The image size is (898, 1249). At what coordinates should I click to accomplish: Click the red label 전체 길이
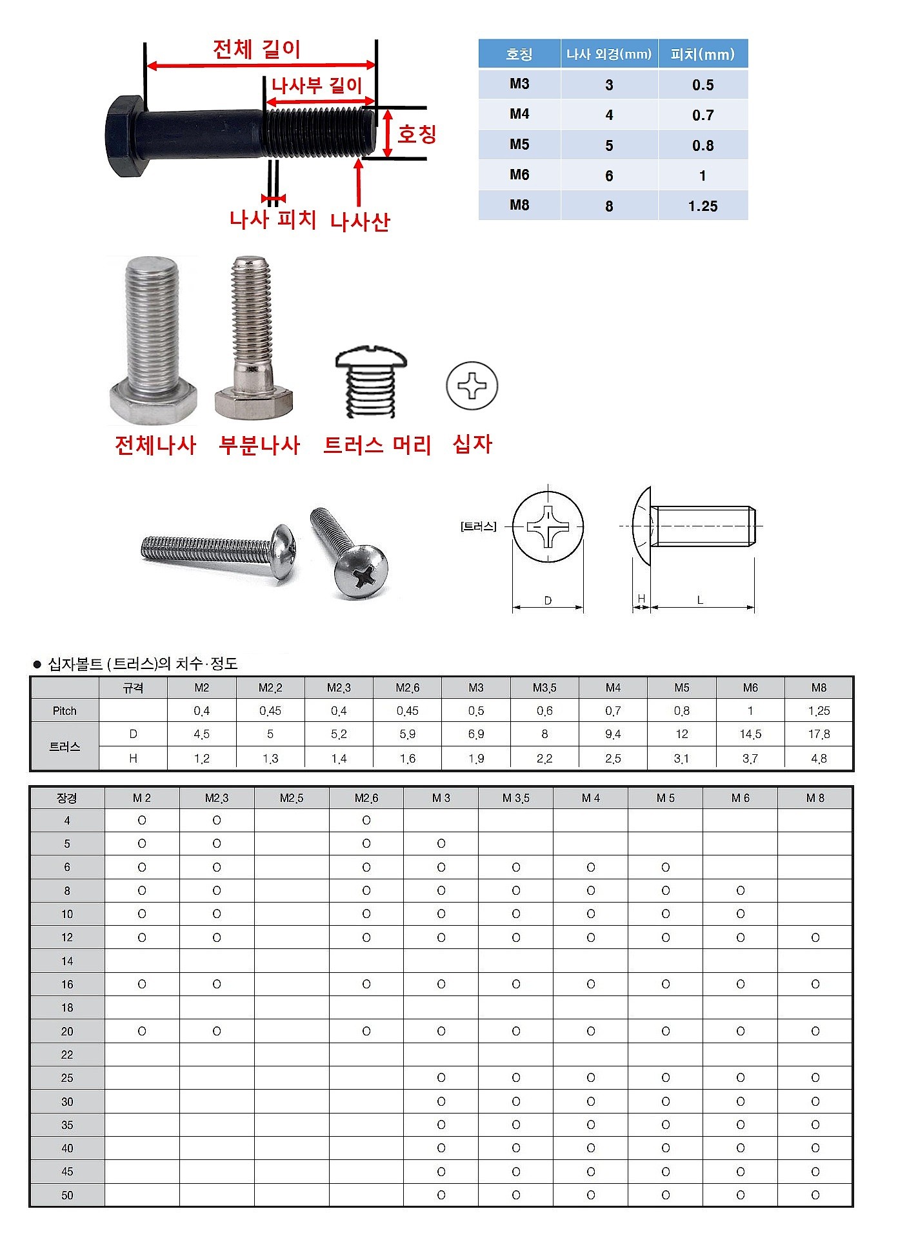click(x=257, y=49)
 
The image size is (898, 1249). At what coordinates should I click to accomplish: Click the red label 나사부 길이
click(x=316, y=85)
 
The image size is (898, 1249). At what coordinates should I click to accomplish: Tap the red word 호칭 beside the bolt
click(x=417, y=134)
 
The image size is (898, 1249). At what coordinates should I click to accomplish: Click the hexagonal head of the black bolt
click(x=124, y=137)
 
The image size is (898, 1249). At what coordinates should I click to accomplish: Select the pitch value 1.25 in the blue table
click(x=703, y=206)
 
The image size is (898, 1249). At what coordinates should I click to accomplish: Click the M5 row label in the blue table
click(x=519, y=145)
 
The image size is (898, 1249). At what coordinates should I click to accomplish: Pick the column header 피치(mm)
click(x=703, y=54)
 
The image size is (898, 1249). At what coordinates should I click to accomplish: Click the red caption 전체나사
click(x=155, y=445)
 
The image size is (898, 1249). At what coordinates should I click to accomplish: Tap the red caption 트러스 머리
click(x=377, y=445)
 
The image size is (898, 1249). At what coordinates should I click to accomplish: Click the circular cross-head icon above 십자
click(x=472, y=386)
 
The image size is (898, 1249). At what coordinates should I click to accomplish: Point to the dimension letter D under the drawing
click(x=548, y=601)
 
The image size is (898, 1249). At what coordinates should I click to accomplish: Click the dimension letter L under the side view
click(x=700, y=600)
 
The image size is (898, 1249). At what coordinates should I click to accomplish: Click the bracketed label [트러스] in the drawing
click(x=478, y=526)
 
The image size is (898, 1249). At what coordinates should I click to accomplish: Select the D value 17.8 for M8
click(x=819, y=734)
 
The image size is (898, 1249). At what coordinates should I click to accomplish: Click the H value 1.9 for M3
click(x=476, y=759)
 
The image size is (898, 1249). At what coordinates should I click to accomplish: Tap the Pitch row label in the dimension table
click(x=65, y=711)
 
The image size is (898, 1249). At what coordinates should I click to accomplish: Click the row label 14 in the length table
click(x=67, y=961)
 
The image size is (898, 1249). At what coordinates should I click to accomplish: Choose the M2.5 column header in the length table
click(x=292, y=798)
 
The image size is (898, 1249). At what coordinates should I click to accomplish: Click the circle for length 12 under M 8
click(x=815, y=937)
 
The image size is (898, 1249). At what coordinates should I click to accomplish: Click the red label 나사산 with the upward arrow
click(x=360, y=222)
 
